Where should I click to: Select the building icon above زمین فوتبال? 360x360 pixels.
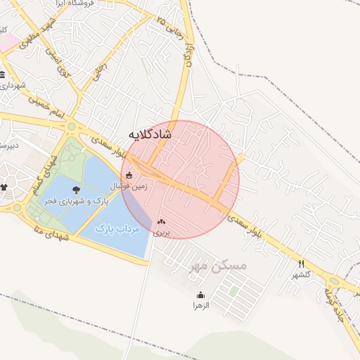(128, 176)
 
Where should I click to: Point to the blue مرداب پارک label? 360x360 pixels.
(117, 229)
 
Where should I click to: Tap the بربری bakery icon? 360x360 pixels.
(162, 221)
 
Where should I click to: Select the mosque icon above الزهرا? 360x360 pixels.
(201, 295)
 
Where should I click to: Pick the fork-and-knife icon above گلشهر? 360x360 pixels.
(301, 264)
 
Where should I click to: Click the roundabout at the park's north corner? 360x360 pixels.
(72, 127)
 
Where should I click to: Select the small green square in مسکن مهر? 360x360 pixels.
(233, 290)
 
